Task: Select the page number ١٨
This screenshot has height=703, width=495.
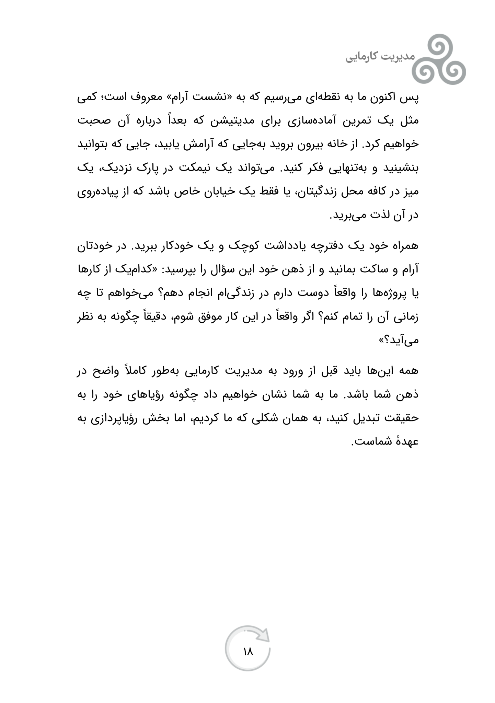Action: pos(247,651)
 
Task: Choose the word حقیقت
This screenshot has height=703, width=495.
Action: pos(404,418)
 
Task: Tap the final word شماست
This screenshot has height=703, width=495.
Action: pos(371,442)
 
